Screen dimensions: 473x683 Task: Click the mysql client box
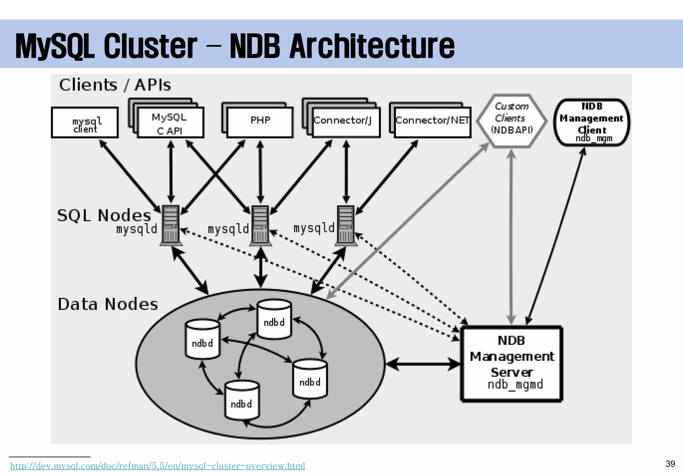click(x=85, y=122)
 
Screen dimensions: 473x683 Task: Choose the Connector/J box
click(x=346, y=122)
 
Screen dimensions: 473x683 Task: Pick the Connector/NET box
click(x=432, y=122)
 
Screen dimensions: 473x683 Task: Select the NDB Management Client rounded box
click(x=592, y=122)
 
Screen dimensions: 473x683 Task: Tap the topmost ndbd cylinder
click(x=274, y=320)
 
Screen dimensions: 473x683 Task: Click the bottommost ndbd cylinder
click(x=241, y=401)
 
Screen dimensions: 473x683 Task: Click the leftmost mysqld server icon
click(x=170, y=225)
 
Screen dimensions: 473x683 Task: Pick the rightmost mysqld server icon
click(x=346, y=225)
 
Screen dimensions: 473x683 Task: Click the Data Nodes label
click(x=108, y=304)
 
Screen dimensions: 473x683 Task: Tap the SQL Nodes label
click(x=104, y=215)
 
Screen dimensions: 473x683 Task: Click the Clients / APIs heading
click(x=115, y=85)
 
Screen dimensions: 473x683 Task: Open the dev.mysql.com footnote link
click(x=157, y=466)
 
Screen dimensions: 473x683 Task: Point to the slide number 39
click(x=670, y=464)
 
